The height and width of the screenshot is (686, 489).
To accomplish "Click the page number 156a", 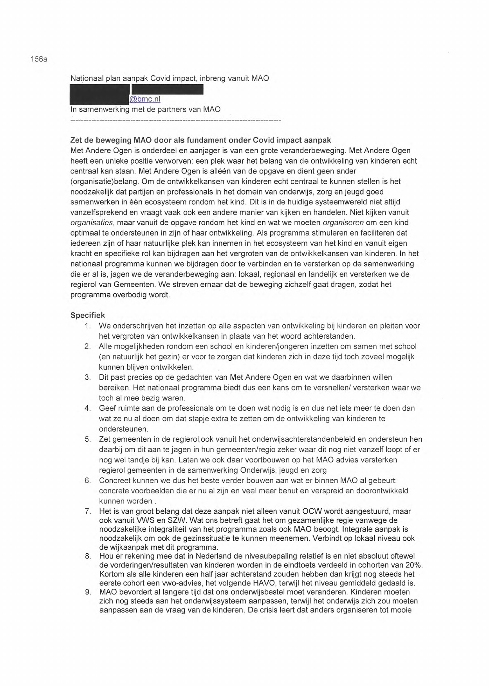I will click(38, 60).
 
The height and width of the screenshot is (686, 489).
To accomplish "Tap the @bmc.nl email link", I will click(144, 99).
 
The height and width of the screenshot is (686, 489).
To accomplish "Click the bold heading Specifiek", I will click(87, 315).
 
